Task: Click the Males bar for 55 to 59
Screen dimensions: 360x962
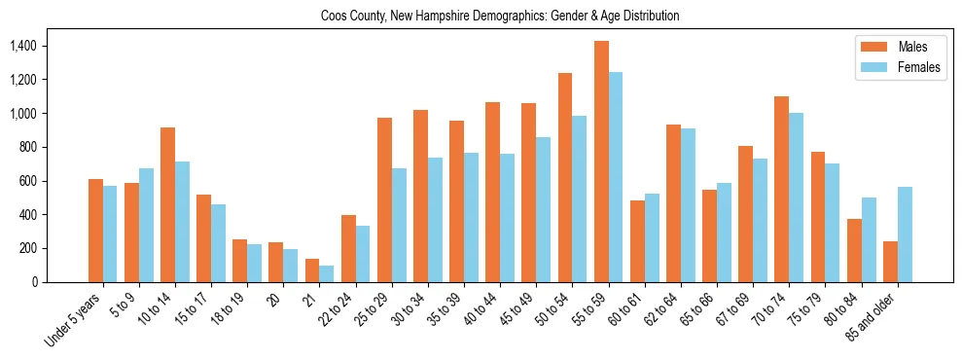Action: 602,162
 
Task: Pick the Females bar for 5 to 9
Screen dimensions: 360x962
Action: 146,225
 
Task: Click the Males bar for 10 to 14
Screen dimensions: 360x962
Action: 168,204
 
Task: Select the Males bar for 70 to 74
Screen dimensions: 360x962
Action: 782,189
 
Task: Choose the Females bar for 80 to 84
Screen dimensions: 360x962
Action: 870,239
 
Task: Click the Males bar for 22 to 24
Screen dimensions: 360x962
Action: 349,248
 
